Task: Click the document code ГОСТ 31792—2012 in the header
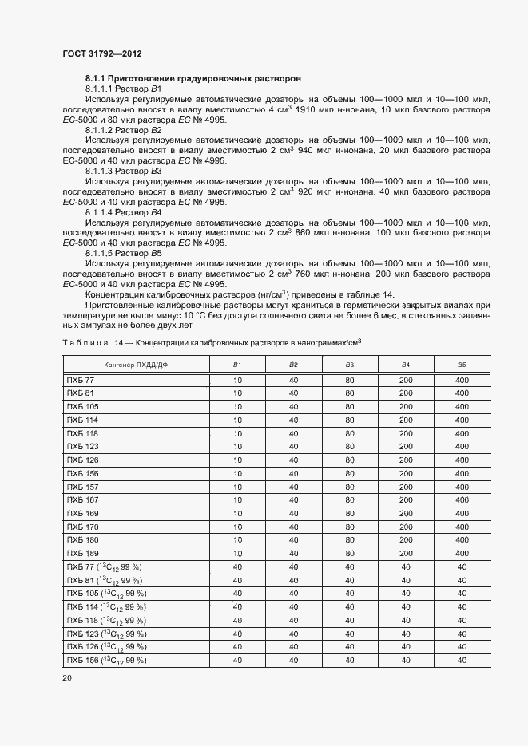click(x=103, y=53)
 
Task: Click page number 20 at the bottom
click(x=67, y=677)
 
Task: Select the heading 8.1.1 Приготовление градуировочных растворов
click(x=193, y=78)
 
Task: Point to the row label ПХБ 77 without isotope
click(x=81, y=380)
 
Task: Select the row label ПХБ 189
click(x=82, y=553)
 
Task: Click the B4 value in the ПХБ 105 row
click(x=406, y=407)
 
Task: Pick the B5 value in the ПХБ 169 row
click(x=462, y=513)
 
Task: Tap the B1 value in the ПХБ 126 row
click(x=237, y=460)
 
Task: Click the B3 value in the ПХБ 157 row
click(x=349, y=487)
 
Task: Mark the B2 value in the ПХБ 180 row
click(x=293, y=539)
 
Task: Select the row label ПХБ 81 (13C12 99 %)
click(x=104, y=580)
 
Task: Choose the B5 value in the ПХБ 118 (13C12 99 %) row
click(x=462, y=620)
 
